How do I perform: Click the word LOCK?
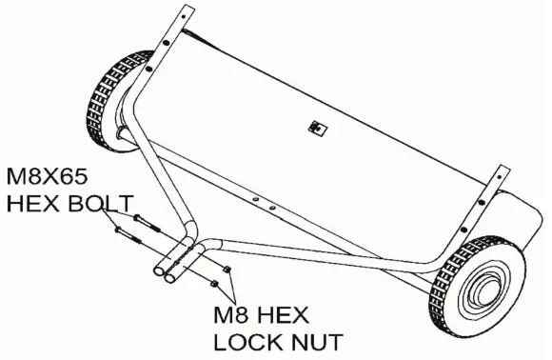250,340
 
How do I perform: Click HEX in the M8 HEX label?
289,314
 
